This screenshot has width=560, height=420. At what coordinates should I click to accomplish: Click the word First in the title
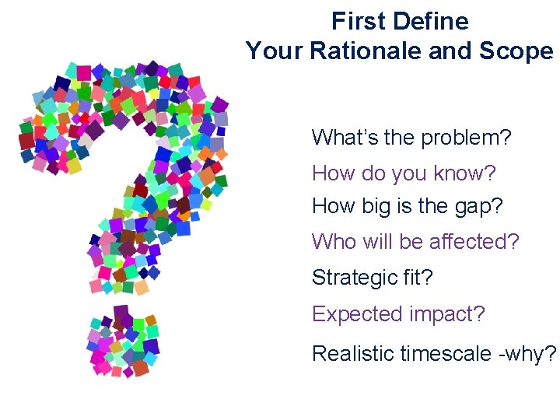(355, 21)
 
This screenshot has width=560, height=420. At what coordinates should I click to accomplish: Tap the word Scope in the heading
(517, 51)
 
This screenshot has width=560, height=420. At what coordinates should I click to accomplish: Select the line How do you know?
(404, 173)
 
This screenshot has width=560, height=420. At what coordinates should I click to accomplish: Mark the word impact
(446, 314)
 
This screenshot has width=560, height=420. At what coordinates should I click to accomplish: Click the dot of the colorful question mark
(123, 342)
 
